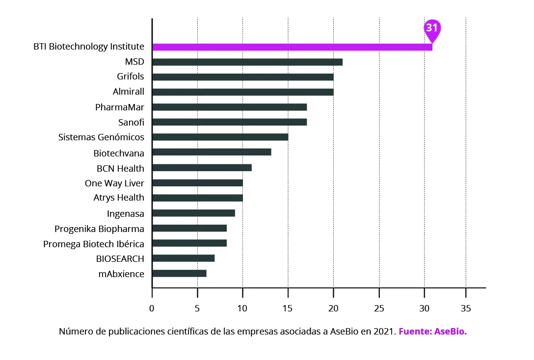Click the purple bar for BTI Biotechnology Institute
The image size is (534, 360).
coord(292,47)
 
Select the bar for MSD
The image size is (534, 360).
coord(247,62)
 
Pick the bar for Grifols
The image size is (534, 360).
coord(243,77)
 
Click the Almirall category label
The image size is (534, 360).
coord(128,92)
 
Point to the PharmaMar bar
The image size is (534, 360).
coord(229,107)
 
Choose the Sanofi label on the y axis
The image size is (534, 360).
coord(131,122)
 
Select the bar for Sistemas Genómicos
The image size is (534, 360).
coord(220,137)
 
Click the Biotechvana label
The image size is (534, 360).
coord(119,153)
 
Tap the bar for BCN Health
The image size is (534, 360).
coord(202,168)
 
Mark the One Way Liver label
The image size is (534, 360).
coord(114,183)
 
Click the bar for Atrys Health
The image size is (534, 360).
coord(197,198)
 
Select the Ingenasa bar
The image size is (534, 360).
coord(193,213)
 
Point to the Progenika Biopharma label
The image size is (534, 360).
coord(99,229)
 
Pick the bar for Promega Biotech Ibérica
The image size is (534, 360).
coord(189,243)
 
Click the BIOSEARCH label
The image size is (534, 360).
coord(120,258)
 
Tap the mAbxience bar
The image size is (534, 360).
coord(179,273)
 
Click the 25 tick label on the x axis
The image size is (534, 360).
coord(379,309)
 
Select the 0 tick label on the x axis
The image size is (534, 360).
coord(152,309)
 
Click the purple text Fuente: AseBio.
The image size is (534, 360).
coord(432,332)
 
